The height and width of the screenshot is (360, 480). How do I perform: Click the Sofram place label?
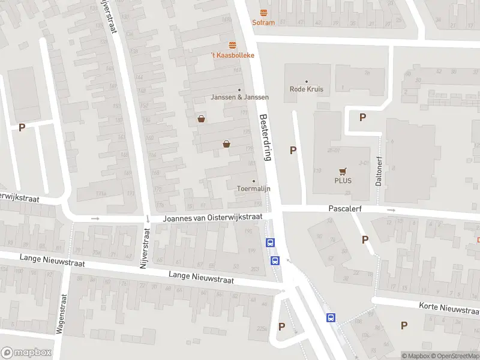pyautogui.click(x=263, y=23)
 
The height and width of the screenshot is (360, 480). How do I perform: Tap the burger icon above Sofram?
pyautogui.click(x=263, y=13)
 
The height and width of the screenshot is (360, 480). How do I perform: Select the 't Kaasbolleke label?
pyautogui.click(x=232, y=55)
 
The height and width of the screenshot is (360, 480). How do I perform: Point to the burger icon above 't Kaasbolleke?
pyautogui.click(x=232, y=45)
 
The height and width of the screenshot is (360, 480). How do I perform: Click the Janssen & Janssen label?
pyautogui.click(x=239, y=97)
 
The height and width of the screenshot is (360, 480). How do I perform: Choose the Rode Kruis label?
pyautogui.click(x=307, y=89)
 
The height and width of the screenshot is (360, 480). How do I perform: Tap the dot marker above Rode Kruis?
pyautogui.click(x=307, y=81)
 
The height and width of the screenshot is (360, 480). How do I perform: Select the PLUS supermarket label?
pyautogui.click(x=343, y=181)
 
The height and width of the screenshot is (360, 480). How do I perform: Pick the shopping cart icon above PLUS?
pyautogui.click(x=343, y=170)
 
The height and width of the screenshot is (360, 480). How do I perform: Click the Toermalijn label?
pyautogui.click(x=253, y=189)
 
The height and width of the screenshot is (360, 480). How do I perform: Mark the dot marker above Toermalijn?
pyautogui.click(x=253, y=181)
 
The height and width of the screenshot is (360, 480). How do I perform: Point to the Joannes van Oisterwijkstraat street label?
pyautogui.click(x=213, y=218)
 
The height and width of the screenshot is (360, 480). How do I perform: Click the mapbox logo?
pyautogui.click(x=26, y=353)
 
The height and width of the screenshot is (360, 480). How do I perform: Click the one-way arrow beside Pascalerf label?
pyautogui.click(x=391, y=210)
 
